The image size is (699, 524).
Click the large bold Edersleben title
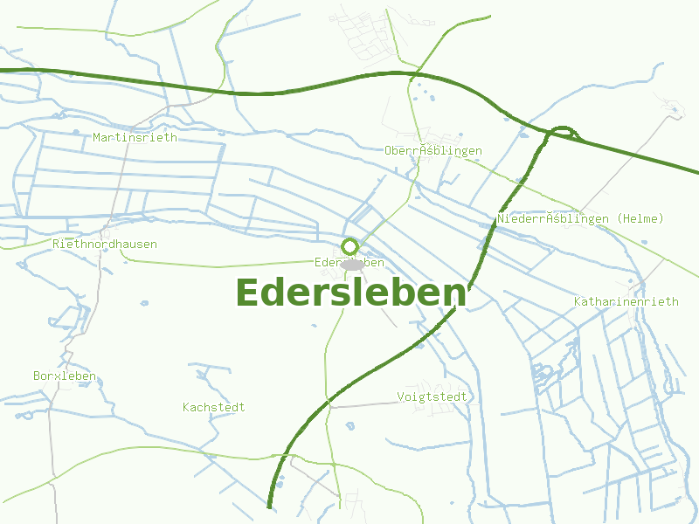click(349, 293)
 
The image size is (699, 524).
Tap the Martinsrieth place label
click(135, 137)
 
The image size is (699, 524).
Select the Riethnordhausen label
click(105, 244)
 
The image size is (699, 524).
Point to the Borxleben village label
click(65, 376)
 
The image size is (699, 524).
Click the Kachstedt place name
click(214, 407)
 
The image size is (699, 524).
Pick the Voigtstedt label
click(433, 396)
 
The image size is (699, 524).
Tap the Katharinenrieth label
click(626, 301)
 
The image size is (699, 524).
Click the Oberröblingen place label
click(433, 150)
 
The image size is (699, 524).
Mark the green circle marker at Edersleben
click(350, 246)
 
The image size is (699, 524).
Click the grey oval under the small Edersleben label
click(351, 264)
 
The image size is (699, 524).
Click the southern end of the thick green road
click(269, 506)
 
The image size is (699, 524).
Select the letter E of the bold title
click(248, 293)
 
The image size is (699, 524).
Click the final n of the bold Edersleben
click(452, 293)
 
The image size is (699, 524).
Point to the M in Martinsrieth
click(97, 137)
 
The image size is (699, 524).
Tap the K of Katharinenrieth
click(578, 301)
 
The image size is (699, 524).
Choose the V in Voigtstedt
click(401, 396)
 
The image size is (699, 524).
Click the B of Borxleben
click(37, 376)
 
